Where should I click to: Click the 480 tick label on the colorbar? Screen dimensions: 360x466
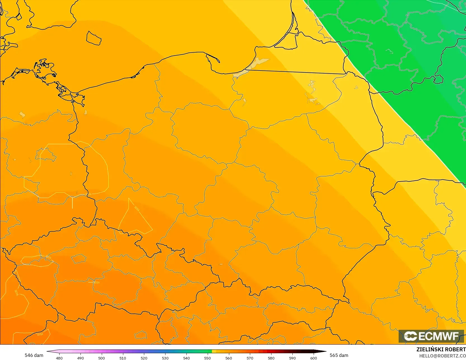59,358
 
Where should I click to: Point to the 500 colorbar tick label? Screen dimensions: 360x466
101,358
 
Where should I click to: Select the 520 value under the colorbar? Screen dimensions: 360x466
144,358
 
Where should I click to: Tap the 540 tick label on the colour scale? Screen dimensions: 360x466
186,358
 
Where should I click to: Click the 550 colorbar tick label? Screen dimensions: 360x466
207,358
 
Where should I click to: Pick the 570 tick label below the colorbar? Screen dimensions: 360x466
250,358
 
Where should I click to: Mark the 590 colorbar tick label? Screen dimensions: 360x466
292,358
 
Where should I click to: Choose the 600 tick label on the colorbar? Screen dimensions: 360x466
314,358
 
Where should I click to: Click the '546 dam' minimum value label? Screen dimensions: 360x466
34,355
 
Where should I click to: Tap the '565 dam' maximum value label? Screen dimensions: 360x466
339,355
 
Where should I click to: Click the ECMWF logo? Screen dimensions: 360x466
431,336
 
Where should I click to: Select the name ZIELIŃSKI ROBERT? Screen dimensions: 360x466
441,349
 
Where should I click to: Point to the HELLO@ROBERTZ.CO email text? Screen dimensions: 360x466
442,356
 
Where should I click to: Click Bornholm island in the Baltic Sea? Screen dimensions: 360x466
94,38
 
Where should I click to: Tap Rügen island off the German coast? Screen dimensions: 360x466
45,70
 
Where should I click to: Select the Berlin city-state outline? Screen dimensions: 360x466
46,155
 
